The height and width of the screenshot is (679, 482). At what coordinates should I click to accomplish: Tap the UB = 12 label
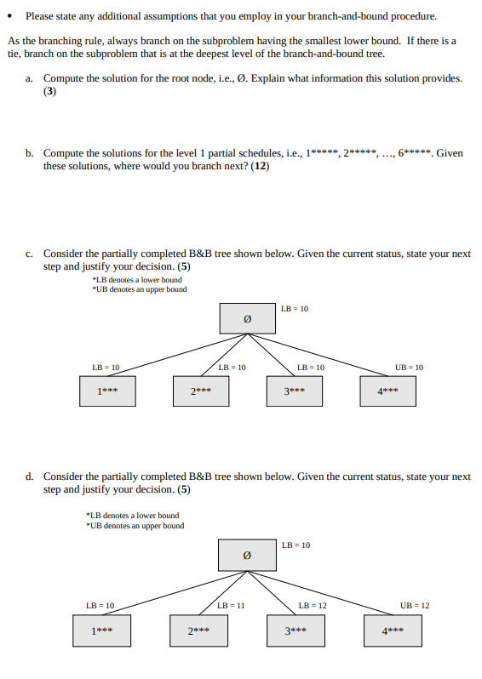pos(415,605)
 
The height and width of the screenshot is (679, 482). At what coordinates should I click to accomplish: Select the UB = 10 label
pos(410,368)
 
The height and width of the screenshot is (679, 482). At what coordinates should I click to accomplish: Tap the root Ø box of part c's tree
pos(248,319)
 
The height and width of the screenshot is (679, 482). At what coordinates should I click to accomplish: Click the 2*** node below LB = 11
pos(199,631)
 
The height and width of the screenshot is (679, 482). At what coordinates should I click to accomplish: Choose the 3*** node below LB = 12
pos(296,631)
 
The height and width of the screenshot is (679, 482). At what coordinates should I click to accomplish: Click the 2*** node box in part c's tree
pos(200,392)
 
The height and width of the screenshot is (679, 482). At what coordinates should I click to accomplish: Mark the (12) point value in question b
pos(260,166)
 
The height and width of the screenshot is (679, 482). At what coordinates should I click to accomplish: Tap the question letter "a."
pos(30,78)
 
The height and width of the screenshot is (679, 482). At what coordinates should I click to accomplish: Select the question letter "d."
pos(30,476)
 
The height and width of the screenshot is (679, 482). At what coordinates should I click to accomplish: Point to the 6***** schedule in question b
pos(416,154)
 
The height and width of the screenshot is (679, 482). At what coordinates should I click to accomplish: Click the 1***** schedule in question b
pos(321,154)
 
